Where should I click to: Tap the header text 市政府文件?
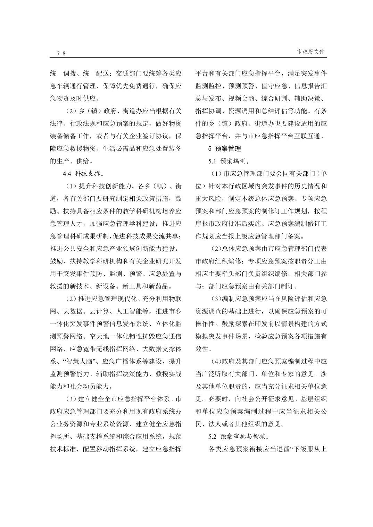coord(311,51)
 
